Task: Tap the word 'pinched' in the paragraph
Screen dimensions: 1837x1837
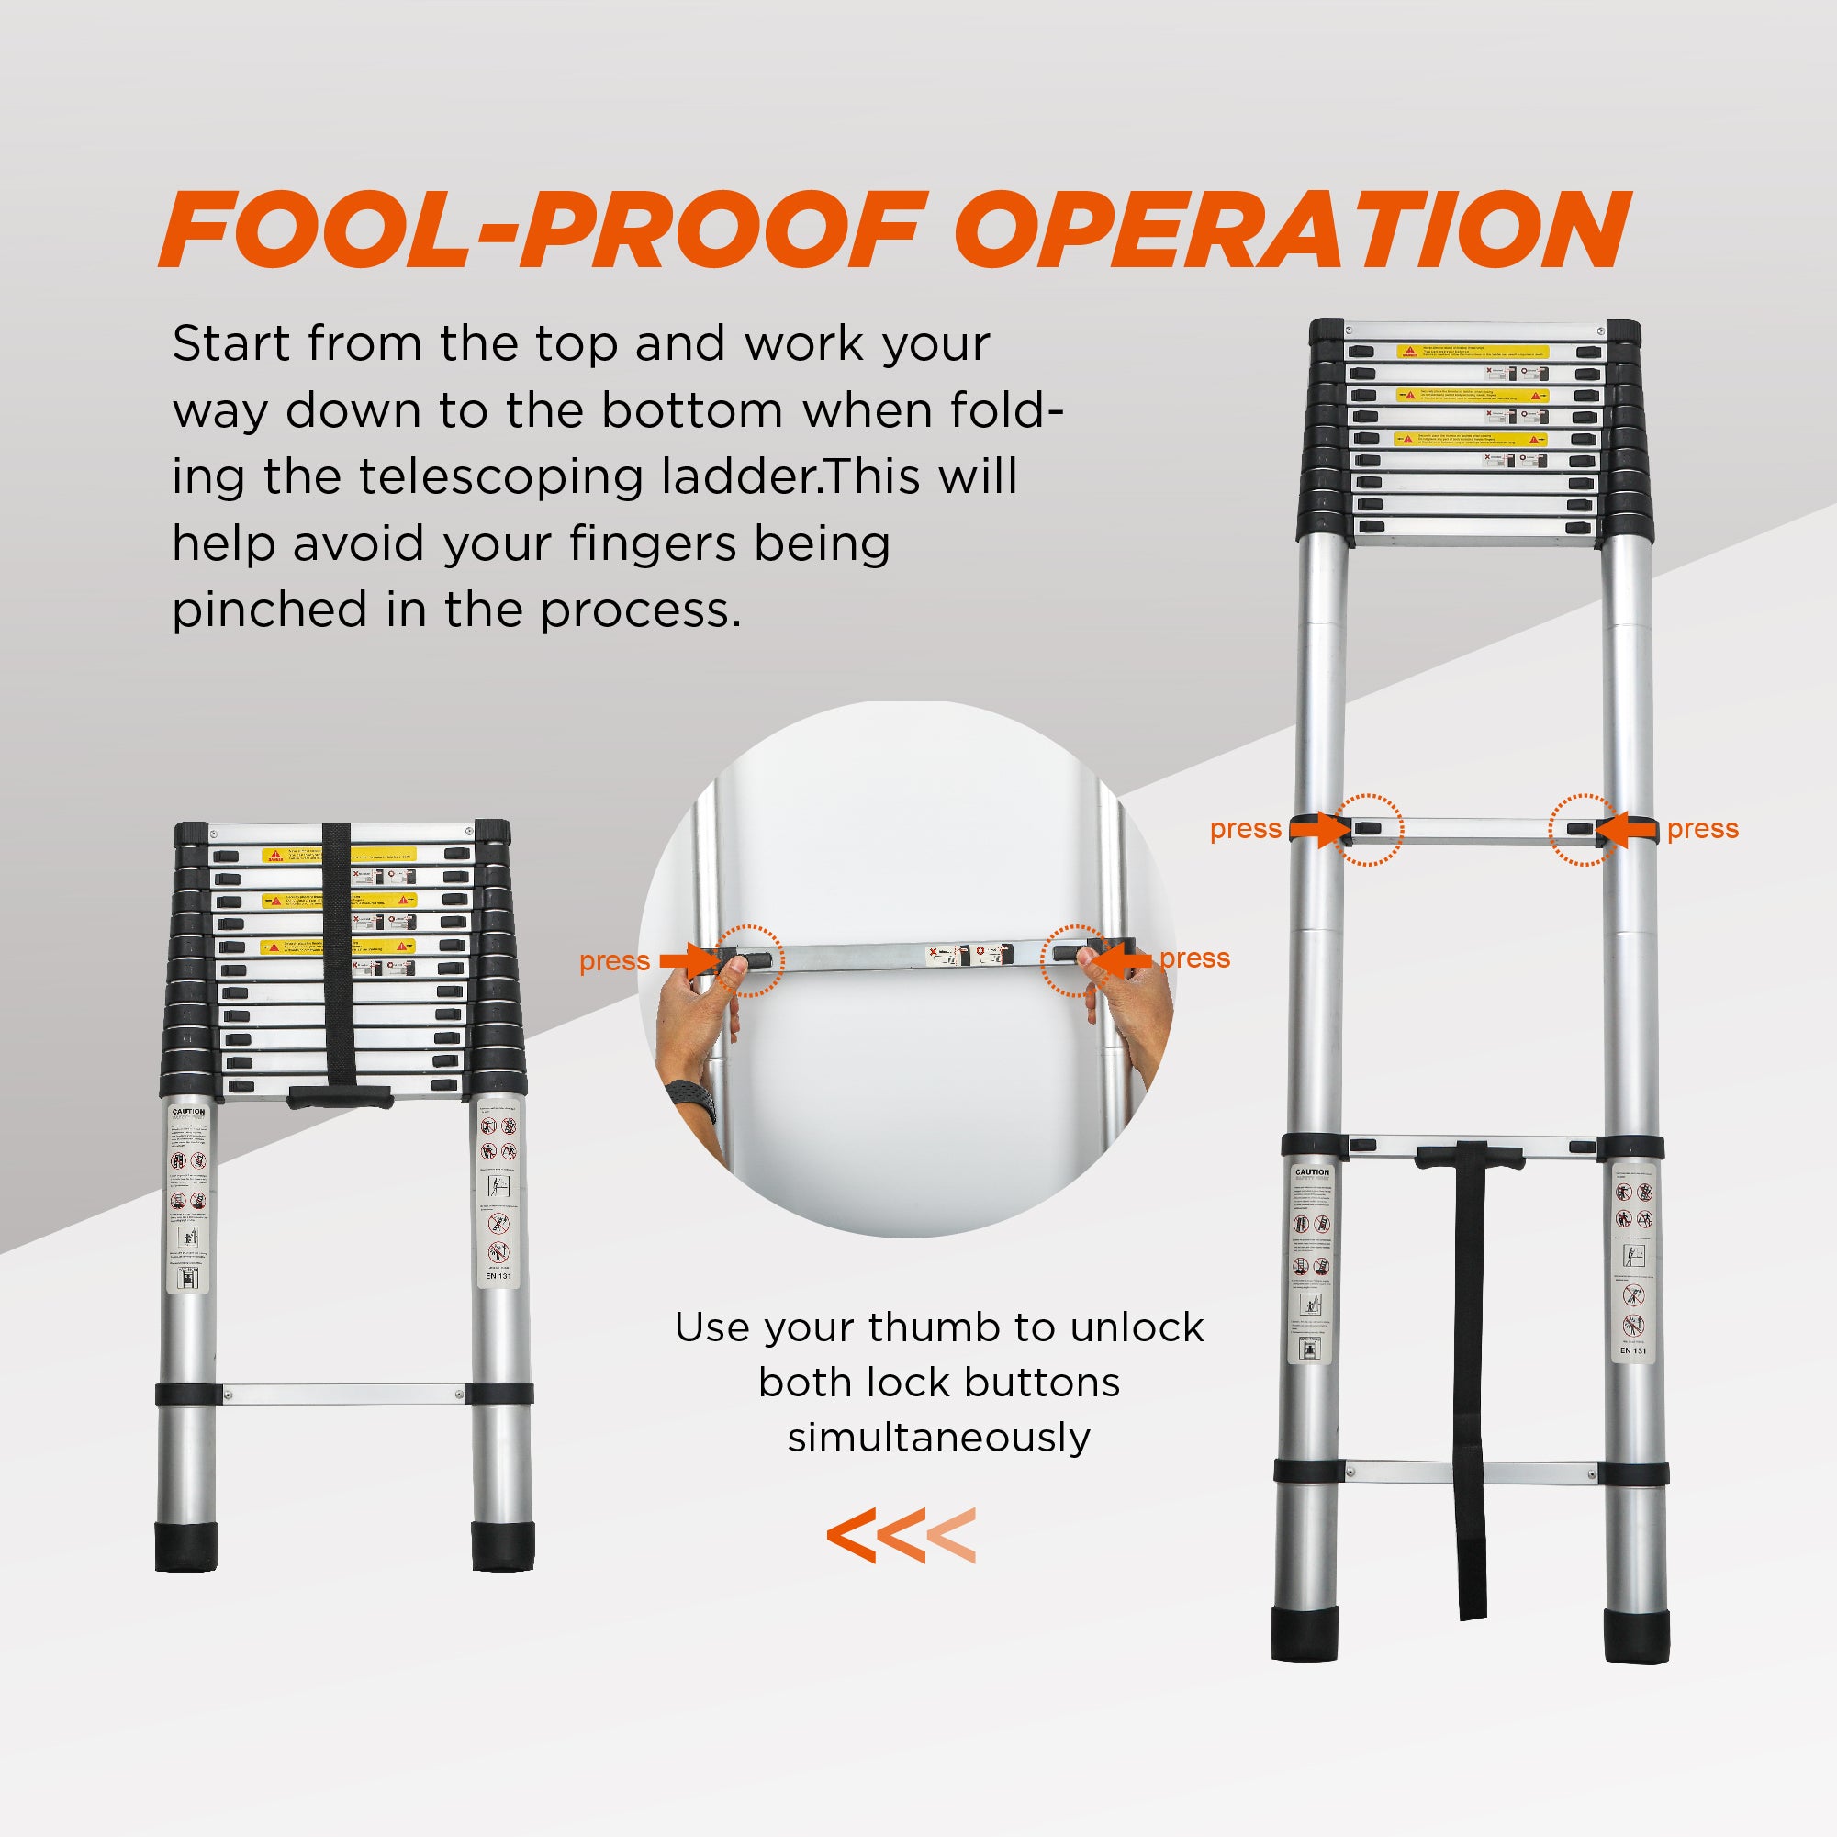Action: tap(268, 611)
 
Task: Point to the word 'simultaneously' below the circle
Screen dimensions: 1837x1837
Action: tap(938, 1437)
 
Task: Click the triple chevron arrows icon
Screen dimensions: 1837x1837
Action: tap(901, 1536)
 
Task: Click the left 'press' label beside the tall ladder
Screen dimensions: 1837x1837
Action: tap(1245, 829)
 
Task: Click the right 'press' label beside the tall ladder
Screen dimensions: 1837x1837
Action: tap(1702, 829)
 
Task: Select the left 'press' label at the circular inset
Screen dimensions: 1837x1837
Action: tap(614, 961)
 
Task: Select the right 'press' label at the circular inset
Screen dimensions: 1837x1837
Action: tap(1194, 958)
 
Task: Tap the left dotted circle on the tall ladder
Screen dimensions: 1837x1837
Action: tap(1367, 829)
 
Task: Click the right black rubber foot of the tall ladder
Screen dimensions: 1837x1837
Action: tap(1635, 1635)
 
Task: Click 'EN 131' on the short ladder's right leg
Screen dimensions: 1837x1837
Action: tap(498, 1276)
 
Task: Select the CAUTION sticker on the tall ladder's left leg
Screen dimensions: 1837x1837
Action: tap(1311, 1265)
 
